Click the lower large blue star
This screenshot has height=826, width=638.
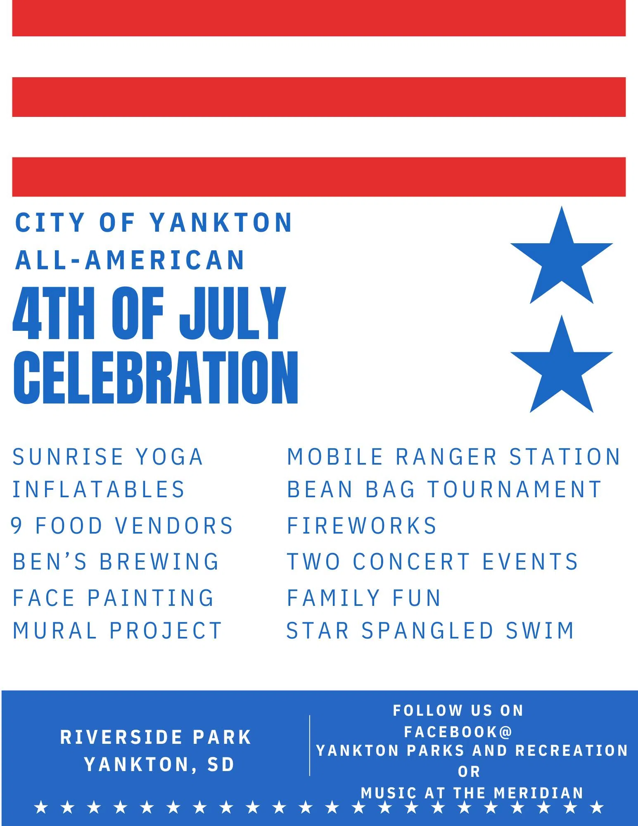click(562, 369)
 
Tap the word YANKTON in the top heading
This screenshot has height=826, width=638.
click(221, 223)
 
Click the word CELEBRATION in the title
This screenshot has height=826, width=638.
click(156, 377)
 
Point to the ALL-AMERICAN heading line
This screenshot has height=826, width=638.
click(130, 260)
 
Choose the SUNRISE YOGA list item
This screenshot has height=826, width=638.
click(108, 457)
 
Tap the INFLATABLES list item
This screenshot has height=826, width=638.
click(99, 489)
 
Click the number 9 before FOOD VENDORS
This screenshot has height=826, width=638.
click(17, 526)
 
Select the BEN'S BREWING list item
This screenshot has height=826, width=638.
click(116, 562)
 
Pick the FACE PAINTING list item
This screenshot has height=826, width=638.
click(114, 598)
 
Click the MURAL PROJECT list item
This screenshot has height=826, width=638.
click(117, 631)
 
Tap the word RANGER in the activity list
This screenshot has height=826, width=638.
click(446, 457)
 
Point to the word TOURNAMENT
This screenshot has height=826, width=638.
click(515, 489)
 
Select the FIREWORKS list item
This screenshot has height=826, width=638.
click(362, 526)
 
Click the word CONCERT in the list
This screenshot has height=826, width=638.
click(412, 562)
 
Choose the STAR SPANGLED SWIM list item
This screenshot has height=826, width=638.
click(430, 631)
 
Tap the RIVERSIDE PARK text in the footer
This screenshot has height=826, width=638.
click(156, 738)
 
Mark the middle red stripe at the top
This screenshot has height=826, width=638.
click(319, 97)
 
